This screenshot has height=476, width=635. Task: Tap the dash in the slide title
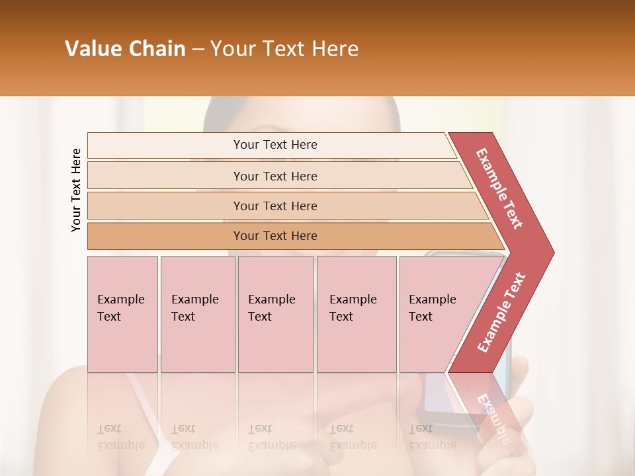point(198,50)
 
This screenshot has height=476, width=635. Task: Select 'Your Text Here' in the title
point(284,49)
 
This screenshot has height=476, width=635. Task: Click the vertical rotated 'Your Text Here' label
point(76,190)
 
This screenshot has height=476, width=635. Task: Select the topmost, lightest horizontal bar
point(271,145)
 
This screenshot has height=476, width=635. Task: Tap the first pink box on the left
point(122,314)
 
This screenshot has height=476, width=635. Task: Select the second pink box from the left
point(197,314)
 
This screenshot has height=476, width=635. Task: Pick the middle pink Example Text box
point(275,314)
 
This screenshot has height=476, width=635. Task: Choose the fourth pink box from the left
point(356,314)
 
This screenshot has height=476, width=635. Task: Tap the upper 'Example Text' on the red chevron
point(499,188)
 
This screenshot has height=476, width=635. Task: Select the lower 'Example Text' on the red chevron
point(501,312)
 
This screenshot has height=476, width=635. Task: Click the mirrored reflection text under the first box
point(121,438)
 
